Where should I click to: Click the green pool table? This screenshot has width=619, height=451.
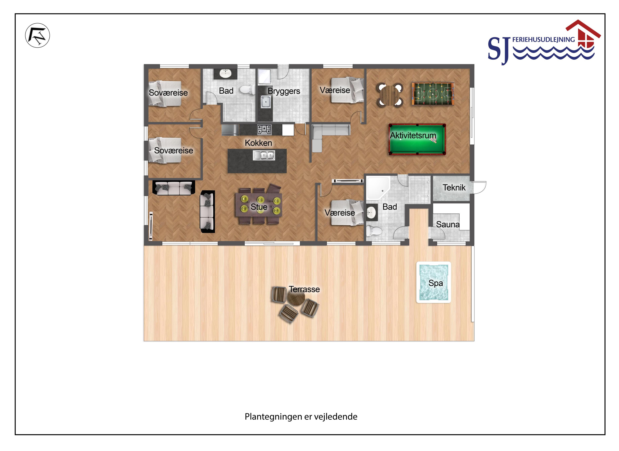(x=417, y=139)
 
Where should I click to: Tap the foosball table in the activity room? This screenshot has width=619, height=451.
(x=433, y=94)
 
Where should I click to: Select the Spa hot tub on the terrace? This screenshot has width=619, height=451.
(x=433, y=282)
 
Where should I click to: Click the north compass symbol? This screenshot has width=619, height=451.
(x=38, y=35)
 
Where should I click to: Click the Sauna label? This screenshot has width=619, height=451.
(x=448, y=224)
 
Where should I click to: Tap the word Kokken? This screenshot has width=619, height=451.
(x=258, y=143)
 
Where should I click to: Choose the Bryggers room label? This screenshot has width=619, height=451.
(x=284, y=91)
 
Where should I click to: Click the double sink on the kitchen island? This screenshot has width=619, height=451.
(x=264, y=155)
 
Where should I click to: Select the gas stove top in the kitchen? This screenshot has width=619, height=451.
(x=264, y=129)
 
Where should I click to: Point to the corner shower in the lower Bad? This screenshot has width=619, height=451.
(x=378, y=188)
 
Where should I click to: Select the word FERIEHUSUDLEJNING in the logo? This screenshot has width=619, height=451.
(x=543, y=40)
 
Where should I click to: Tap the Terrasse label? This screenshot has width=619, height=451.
(x=304, y=289)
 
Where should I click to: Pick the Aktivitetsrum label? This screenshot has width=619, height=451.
(x=413, y=135)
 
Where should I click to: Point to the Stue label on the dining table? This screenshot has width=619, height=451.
(x=259, y=207)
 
